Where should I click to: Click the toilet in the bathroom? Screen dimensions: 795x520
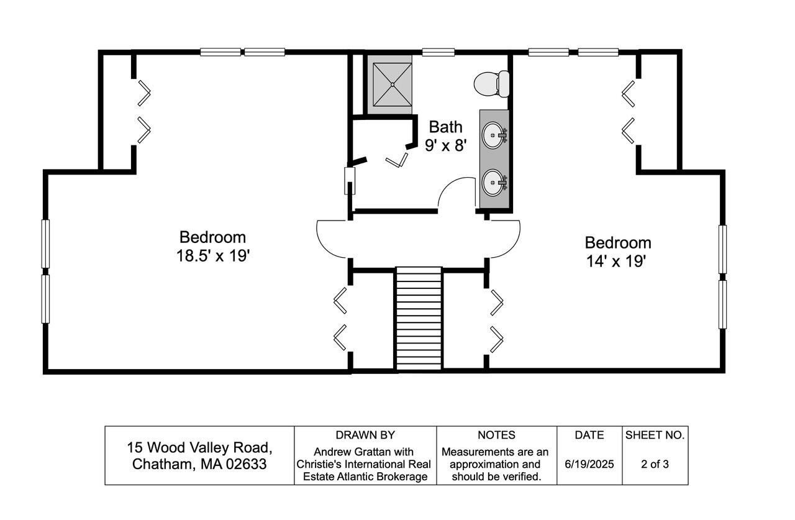point(491,84)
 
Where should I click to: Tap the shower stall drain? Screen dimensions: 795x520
point(393,84)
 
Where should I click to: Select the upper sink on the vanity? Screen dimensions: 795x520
point(494,135)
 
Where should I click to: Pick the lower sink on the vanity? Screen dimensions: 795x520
point(494,183)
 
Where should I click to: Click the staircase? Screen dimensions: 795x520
point(419,319)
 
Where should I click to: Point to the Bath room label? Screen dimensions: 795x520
point(445,127)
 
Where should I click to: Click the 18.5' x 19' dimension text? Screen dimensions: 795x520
point(213,255)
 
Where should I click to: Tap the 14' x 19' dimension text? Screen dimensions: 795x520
point(616,261)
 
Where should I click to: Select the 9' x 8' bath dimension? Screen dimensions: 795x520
point(445,145)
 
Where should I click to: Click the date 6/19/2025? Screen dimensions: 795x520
point(589,464)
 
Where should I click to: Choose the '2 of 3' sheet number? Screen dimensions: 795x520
point(655,464)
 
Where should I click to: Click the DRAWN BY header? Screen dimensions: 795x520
point(365,435)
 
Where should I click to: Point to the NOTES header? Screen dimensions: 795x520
point(496,435)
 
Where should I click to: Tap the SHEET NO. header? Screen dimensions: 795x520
point(655,435)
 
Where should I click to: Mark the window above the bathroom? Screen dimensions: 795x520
point(438,52)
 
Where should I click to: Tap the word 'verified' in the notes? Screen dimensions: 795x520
point(522,477)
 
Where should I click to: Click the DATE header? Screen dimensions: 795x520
point(589,435)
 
